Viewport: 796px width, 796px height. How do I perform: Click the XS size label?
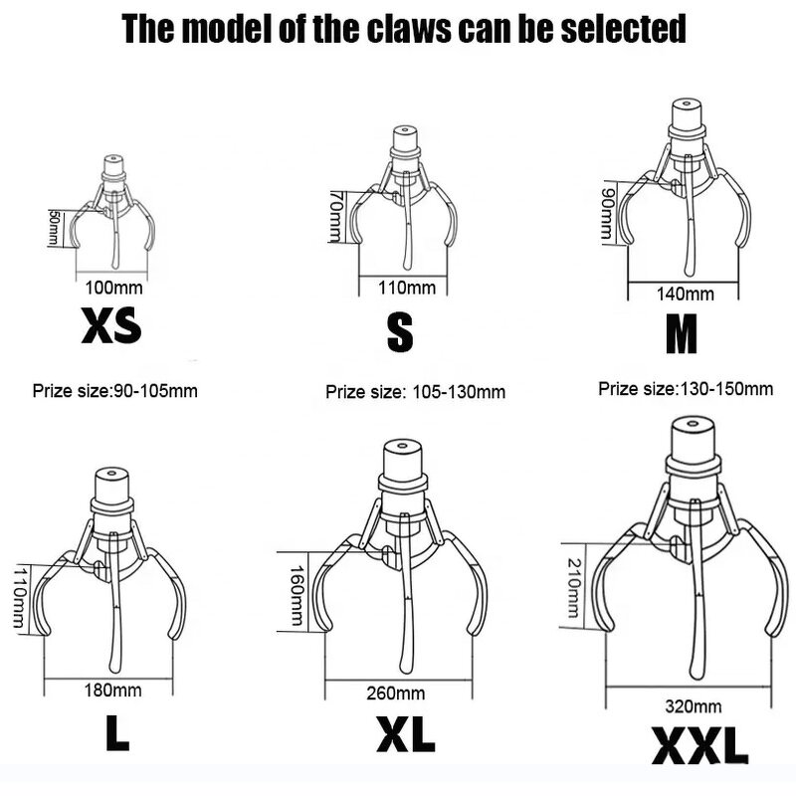click(x=111, y=325)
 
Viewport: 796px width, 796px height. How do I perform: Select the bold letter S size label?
click(x=400, y=332)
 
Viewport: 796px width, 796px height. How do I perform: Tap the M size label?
click(x=682, y=333)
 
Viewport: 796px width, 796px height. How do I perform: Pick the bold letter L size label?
click(x=117, y=732)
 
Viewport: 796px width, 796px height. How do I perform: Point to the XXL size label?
click(x=700, y=745)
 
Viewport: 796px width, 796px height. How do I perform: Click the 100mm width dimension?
click(x=113, y=288)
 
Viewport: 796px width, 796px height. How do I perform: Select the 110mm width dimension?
click(x=407, y=288)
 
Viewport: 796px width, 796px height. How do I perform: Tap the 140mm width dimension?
click(x=686, y=294)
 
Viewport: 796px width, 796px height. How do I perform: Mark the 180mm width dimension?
click(x=112, y=690)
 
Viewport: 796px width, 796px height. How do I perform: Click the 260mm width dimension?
click(x=396, y=693)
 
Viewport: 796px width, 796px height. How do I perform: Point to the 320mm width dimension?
click(x=694, y=706)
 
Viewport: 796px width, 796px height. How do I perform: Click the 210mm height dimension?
click(x=574, y=588)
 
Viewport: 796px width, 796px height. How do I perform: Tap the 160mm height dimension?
click(x=297, y=595)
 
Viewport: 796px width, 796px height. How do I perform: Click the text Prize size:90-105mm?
click(x=115, y=391)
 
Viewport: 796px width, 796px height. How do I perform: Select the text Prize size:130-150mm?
click(x=686, y=389)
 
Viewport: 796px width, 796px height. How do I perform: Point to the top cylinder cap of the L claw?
click(x=112, y=484)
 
